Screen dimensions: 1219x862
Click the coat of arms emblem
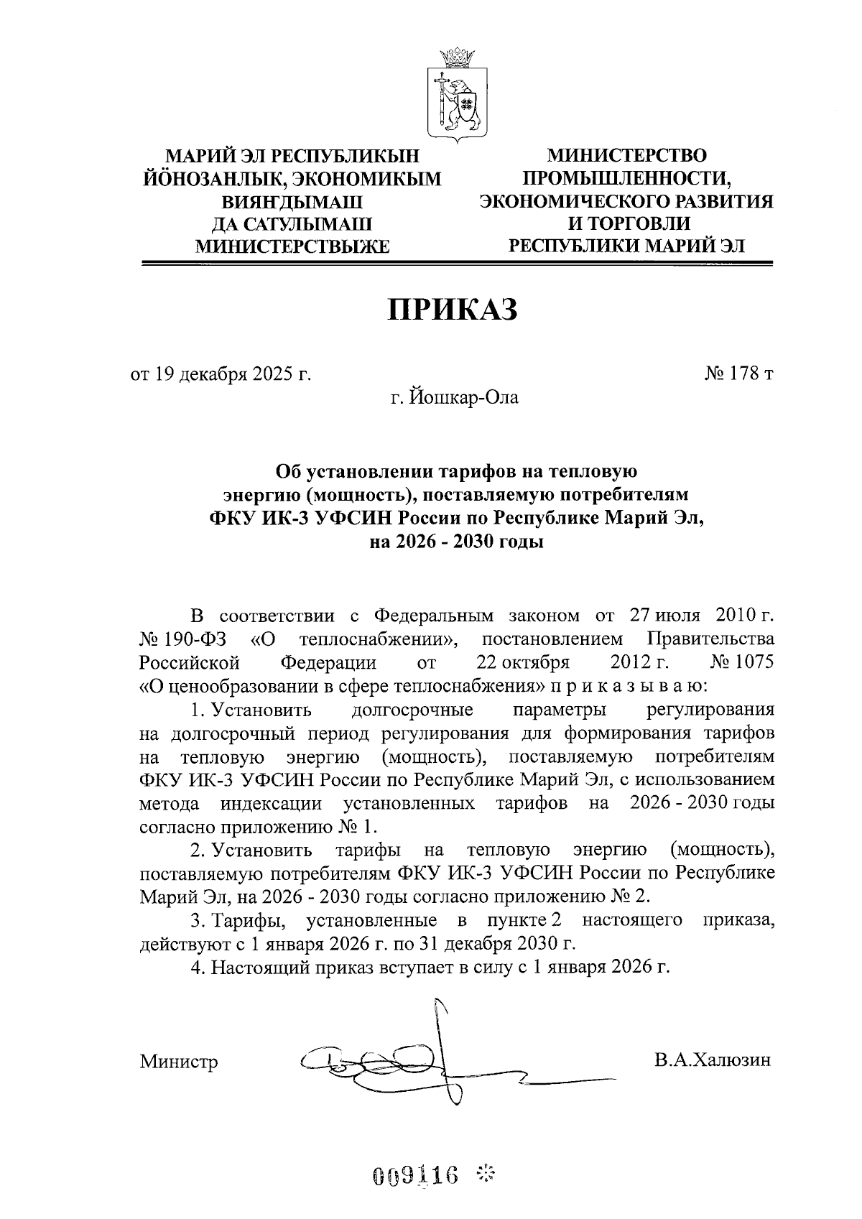(458, 93)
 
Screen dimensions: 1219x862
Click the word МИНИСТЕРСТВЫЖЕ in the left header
(293, 247)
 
